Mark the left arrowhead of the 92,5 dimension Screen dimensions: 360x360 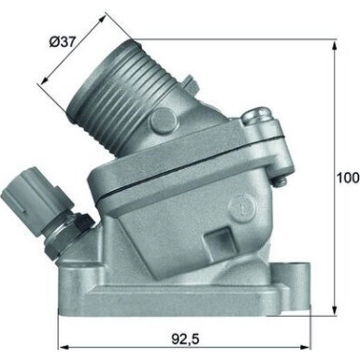coord(61,342)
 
